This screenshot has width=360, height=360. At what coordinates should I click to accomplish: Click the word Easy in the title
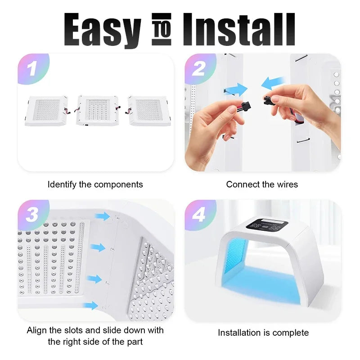coord(102,30)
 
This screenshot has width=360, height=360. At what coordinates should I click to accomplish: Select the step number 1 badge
coord(31,69)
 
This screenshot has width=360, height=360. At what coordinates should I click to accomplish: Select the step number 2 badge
coord(198,69)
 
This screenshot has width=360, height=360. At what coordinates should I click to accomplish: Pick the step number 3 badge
coord(31,215)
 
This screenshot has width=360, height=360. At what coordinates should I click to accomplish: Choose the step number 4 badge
coord(198,215)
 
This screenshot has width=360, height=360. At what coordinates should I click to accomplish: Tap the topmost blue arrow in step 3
coord(103,216)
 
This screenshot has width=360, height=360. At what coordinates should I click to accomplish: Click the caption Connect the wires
coord(262,184)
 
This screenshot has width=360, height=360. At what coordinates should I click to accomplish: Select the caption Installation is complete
coord(263,333)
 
